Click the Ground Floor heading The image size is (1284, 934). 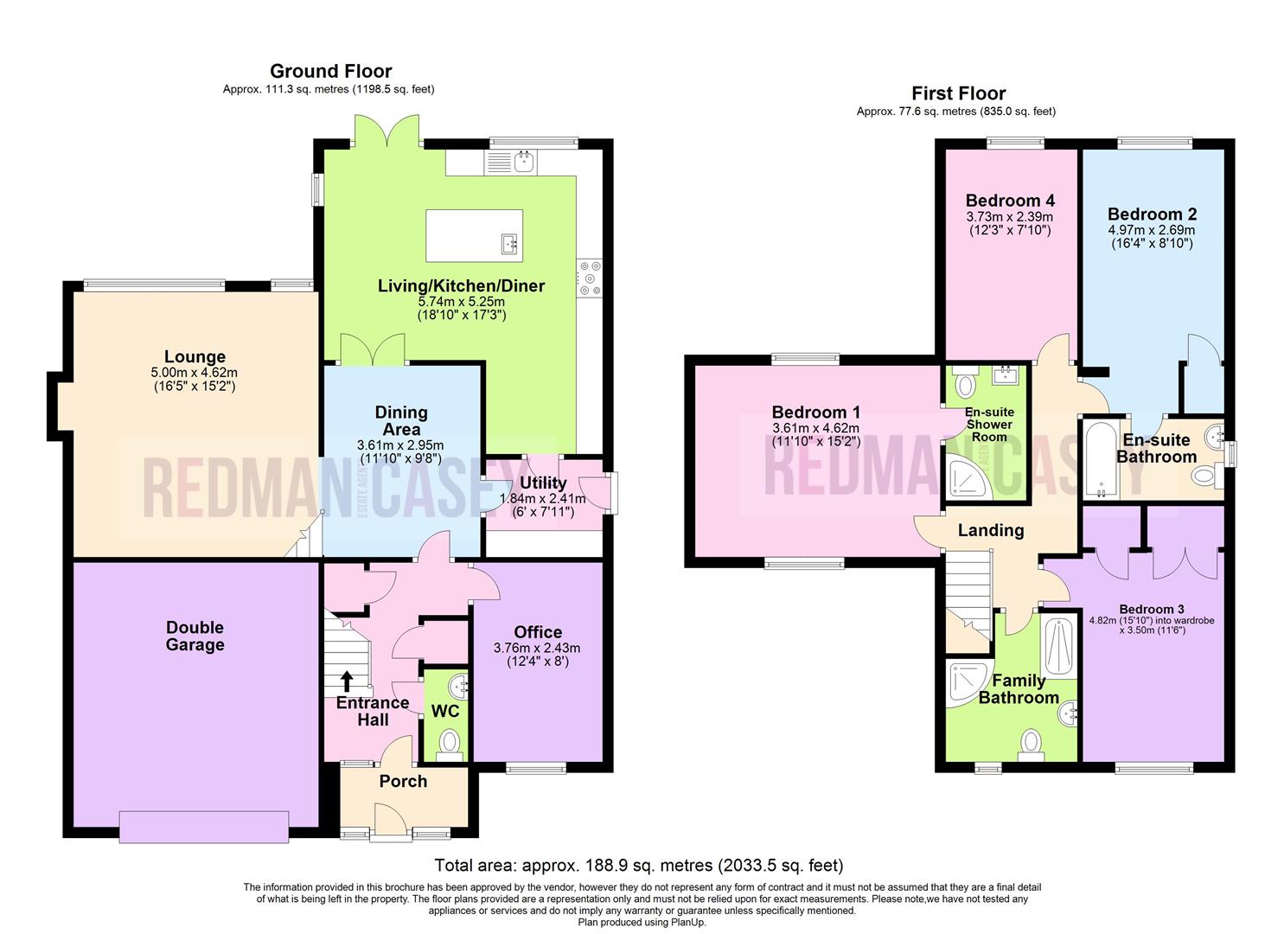(x=330, y=71)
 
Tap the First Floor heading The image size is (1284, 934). (x=958, y=93)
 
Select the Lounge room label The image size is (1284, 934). (x=195, y=356)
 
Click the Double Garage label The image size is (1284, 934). (x=195, y=636)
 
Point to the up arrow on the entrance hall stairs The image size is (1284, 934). (x=347, y=681)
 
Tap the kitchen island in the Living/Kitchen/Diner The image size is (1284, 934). (x=475, y=235)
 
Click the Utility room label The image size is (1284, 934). (x=543, y=483)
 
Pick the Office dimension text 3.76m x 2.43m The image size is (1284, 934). (x=537, y=648)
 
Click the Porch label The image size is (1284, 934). (x=403, y=781)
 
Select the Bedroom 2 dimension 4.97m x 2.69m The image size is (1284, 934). (x=1151, y=230)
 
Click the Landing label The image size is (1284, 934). (x=990, y=530)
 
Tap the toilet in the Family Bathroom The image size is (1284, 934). (x=1030, y=744)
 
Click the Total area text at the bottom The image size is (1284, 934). (x=638, y=865)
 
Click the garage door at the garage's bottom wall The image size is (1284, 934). (x=204, y=826)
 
